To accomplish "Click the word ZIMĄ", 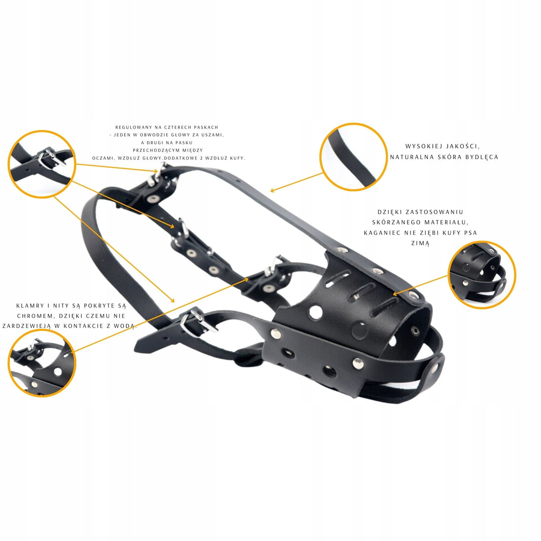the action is point(420,243).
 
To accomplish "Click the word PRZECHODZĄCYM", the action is point(151,151).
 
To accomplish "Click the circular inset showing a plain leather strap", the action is point(353,157).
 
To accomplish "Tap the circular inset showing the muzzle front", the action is point(482,275).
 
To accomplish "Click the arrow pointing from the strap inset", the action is point(297,183).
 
